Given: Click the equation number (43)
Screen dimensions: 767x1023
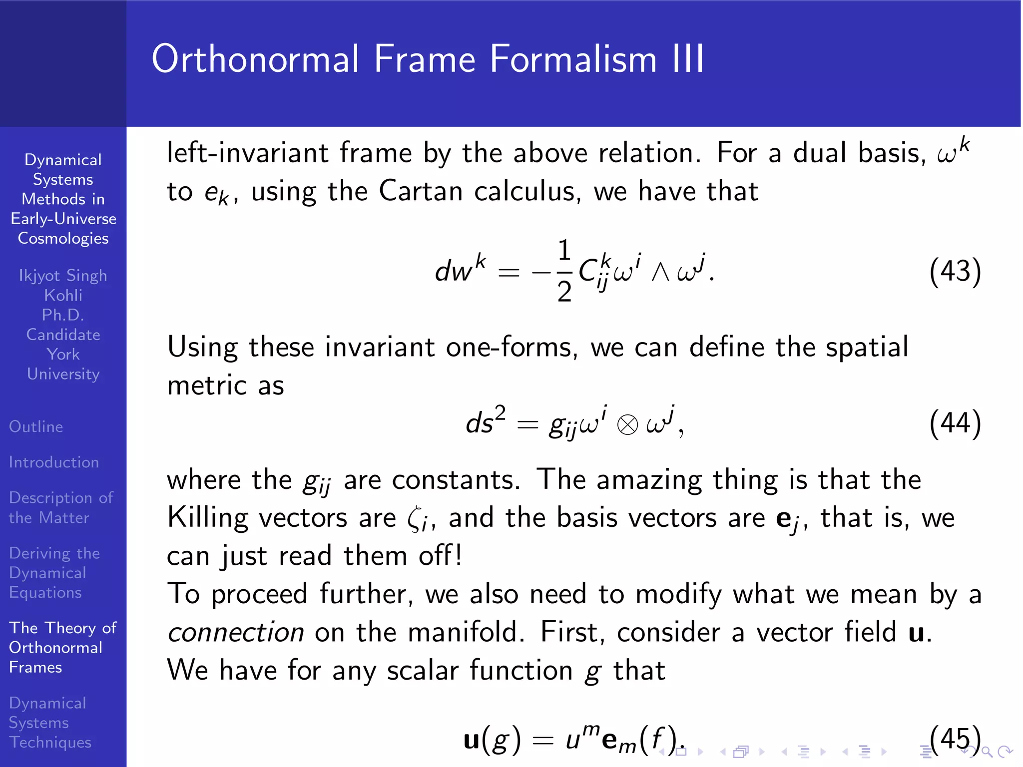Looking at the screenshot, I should [x=955, y=272].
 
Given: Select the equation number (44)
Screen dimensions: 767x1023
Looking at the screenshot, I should [x=955, y=423].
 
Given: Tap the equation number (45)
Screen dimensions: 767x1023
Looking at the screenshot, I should [x=955, y=738].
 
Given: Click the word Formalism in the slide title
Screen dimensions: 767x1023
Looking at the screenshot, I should [x=572, y=59].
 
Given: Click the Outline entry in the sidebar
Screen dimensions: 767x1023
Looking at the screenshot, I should [x=36, y=426].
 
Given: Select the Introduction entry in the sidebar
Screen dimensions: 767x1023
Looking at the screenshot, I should [x=54, y=462].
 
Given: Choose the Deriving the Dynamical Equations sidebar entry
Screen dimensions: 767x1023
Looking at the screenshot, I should [x=54, y=573].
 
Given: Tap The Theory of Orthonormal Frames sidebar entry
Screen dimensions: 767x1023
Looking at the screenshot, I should [x=62, y=647].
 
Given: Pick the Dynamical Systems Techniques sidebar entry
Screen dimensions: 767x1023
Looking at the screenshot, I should [x=50, y=723].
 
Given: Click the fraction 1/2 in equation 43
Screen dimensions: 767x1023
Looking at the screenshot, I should [x=564, y=271].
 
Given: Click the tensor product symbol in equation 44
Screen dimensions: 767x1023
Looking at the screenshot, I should [x=627, y=425].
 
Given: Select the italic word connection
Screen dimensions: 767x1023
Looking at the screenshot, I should [x=236, y=632].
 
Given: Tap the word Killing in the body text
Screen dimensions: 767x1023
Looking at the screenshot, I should [x=207, y=518].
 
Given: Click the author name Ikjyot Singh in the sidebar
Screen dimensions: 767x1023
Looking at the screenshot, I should [x=63, y=275].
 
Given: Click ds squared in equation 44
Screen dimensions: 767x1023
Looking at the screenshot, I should [x=485, y=422].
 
